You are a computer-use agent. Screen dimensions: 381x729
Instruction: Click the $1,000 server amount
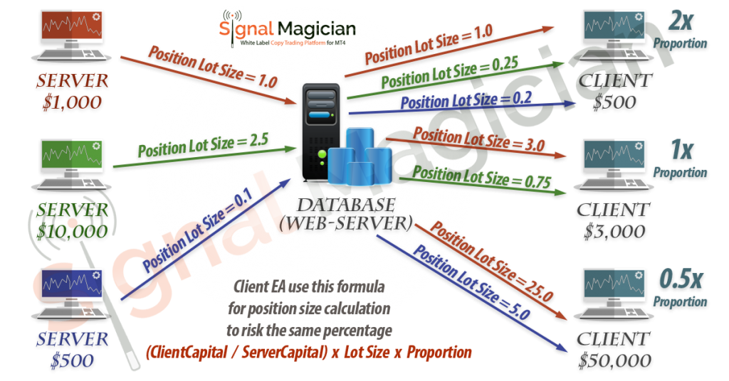[x=71, y=102]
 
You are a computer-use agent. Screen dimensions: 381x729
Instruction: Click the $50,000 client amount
[x=613, y=360]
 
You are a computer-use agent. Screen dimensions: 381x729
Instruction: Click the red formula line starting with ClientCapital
[x=309, y=352]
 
